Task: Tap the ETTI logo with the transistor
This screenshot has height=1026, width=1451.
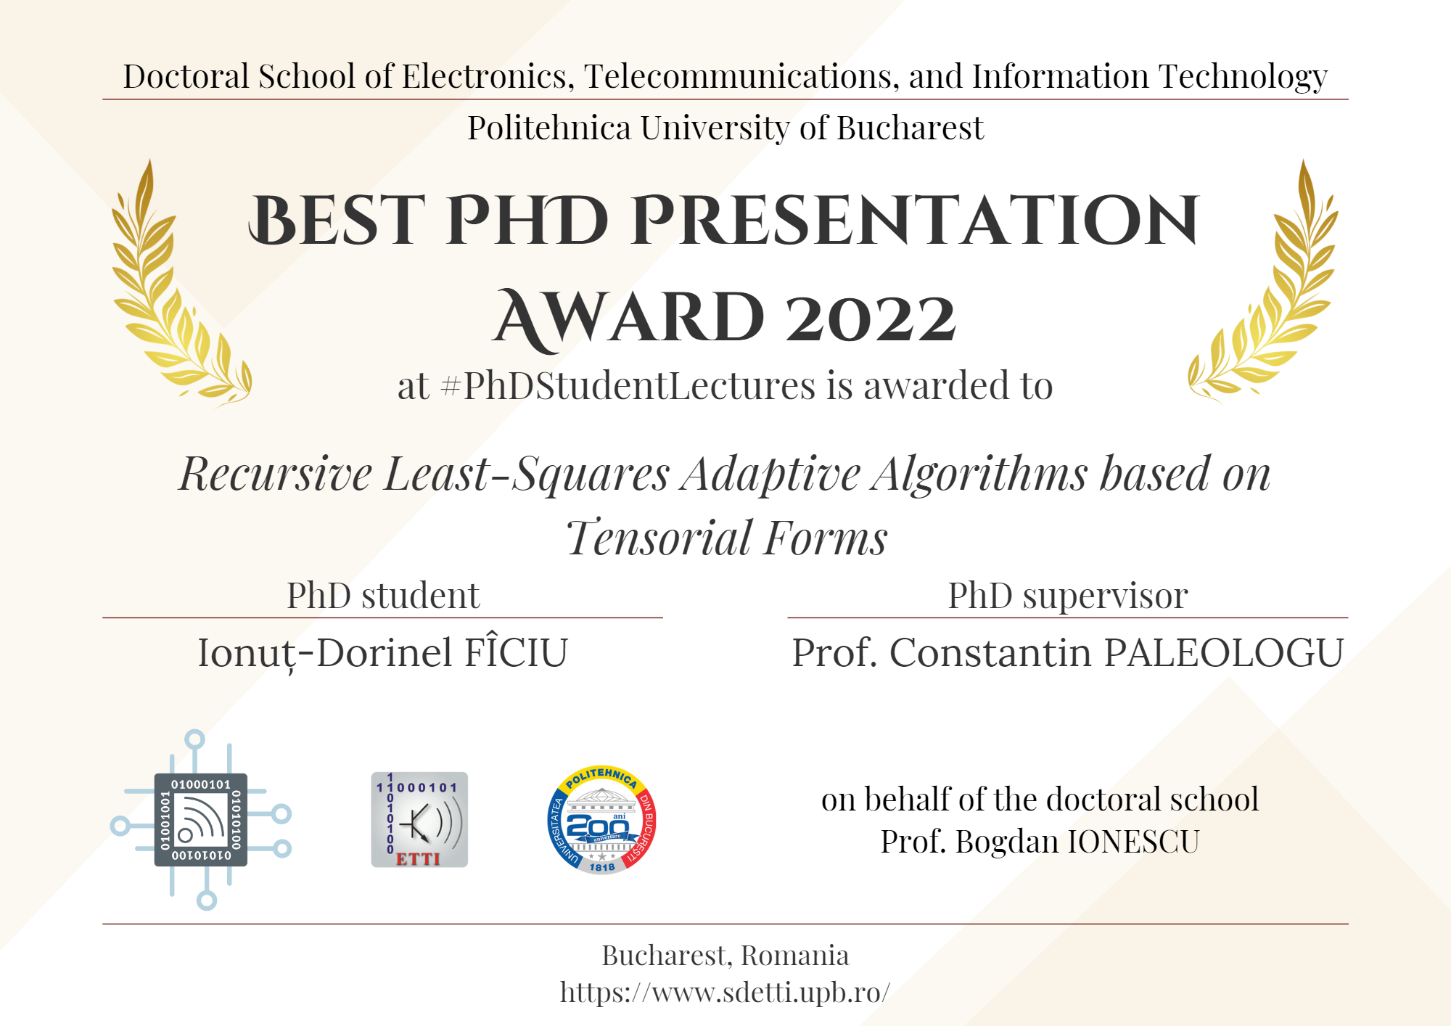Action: point(419,819)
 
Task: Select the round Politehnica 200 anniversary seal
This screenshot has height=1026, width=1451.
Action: point(601,820)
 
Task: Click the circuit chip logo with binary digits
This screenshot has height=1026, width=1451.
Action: point(201,820)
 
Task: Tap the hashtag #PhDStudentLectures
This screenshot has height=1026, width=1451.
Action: point(628,386)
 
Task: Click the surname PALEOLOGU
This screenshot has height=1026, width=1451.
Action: point(1224,652)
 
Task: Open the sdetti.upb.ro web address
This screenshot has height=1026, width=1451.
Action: point(725,992)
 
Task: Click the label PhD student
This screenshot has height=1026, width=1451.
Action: point(383,596)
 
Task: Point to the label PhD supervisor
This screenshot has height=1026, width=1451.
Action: point(1068,596)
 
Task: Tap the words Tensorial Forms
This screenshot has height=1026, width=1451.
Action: point(726,538)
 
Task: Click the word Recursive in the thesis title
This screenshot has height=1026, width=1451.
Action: point(276,474)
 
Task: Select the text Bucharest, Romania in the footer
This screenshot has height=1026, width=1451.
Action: point(725,956)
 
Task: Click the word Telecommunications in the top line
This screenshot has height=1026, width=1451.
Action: point(742,77)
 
